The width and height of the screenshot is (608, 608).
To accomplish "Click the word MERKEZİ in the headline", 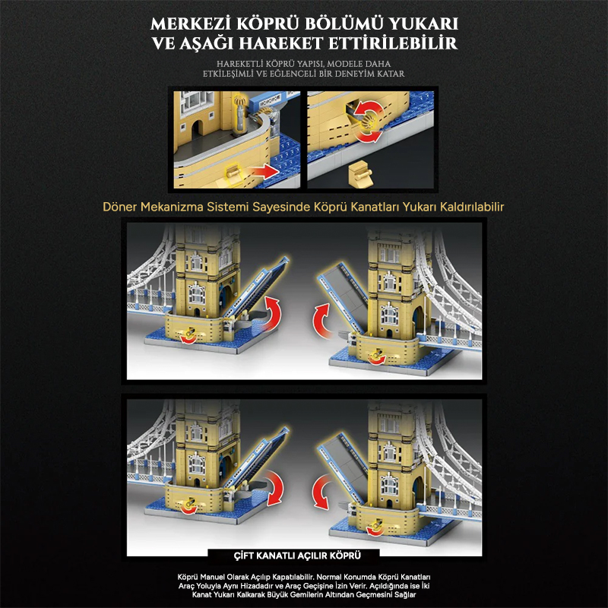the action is (x=191, y=24).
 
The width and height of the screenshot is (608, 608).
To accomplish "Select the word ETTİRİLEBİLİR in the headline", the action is (x=392, y=43).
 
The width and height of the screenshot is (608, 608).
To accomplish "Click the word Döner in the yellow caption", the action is (x=120, y=207).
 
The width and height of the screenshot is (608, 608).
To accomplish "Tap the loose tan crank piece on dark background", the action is (x=360, y=174).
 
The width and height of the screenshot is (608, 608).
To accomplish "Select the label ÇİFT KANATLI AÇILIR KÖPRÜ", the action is (x=297, y=556).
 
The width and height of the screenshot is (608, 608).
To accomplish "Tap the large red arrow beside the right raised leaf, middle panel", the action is (x=322, y=320).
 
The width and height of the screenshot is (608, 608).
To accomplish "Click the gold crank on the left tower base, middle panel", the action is (x=189, y=333).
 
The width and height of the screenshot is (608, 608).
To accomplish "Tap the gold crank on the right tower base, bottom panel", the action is (x=375, y=526).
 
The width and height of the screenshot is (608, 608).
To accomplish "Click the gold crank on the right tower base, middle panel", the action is (x=375, y=354).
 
